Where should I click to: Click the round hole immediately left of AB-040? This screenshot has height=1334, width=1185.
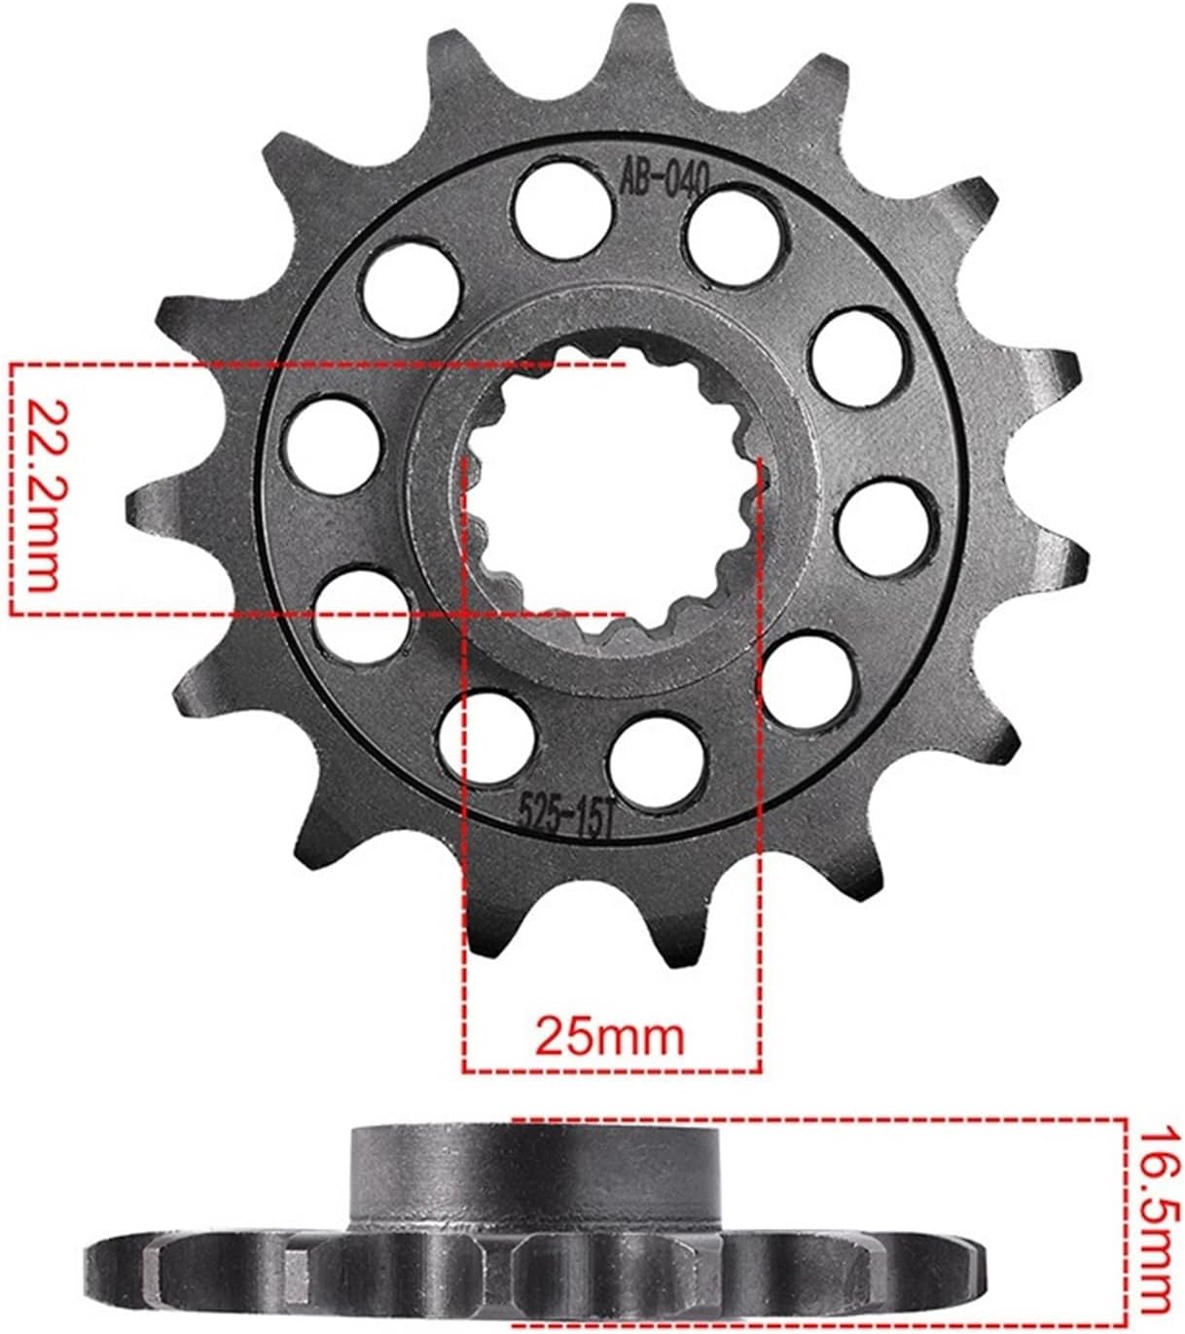point(563,209)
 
